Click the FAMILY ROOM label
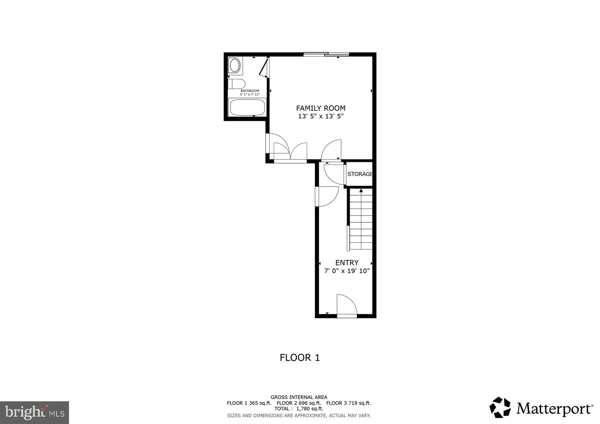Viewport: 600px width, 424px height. point(320,108)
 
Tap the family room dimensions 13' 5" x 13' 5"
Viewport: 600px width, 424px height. point(320,117)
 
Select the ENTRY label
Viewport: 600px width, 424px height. point(347,263)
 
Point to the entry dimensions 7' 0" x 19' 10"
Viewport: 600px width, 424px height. point(347,271)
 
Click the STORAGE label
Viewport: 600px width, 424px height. point(359,174)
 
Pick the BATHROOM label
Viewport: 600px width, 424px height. point(250,91)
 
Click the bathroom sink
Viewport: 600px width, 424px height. point(235,66)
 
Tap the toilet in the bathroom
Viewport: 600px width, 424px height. point(236,84)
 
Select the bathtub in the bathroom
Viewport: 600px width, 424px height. point(248,107)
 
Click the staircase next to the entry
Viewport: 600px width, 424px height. point(360,220)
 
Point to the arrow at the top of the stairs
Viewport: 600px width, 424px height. point(361,191)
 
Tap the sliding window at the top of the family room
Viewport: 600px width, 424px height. point(326,54)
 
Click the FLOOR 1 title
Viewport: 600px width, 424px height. point(300,357)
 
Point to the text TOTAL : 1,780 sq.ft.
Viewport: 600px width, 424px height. point(299,409)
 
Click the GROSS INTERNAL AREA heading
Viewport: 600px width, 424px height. point(299,397)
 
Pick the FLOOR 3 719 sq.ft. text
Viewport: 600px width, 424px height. point(348,403)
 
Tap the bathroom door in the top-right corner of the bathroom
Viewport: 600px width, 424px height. point(264,68)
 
